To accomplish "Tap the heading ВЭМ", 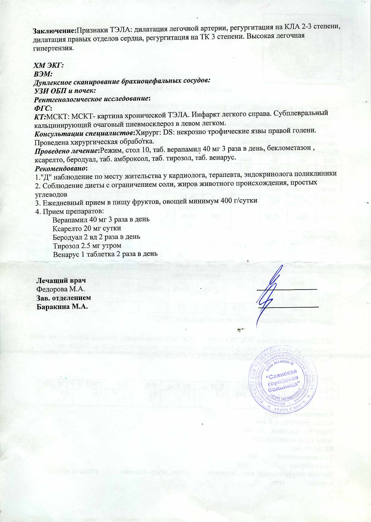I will pos(43,73).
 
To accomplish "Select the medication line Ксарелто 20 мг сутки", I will pos(87,229).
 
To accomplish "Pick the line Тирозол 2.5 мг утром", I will pos(87,246).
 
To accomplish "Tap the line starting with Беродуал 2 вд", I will pos(96,237).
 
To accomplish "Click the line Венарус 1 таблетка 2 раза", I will pos(105,254).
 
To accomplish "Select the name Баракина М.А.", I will pos(62,307).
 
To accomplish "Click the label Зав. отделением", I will pos(63,298).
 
